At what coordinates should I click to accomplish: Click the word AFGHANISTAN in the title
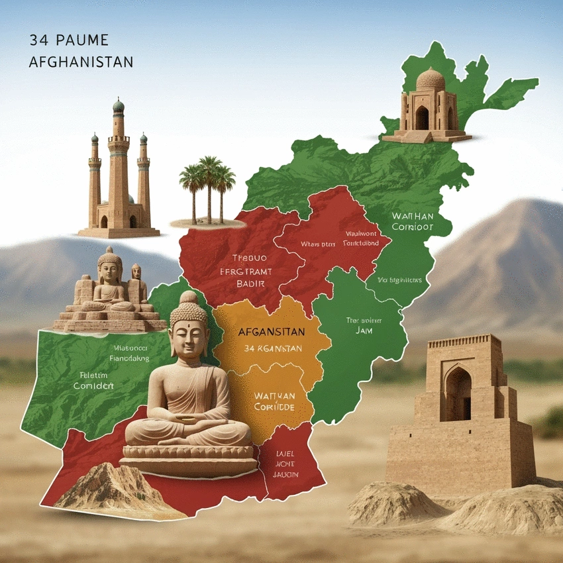tap(81, 62)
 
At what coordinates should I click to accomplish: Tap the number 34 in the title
tap(38, 40)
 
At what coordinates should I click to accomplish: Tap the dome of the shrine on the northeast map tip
tap(430, 79)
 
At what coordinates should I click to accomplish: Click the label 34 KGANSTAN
tap(273, 348)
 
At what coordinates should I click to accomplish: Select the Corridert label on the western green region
tap(93, 385)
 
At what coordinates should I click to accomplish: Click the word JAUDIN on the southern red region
tap(285, 474)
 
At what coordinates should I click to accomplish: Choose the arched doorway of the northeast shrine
tap(421, 118)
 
